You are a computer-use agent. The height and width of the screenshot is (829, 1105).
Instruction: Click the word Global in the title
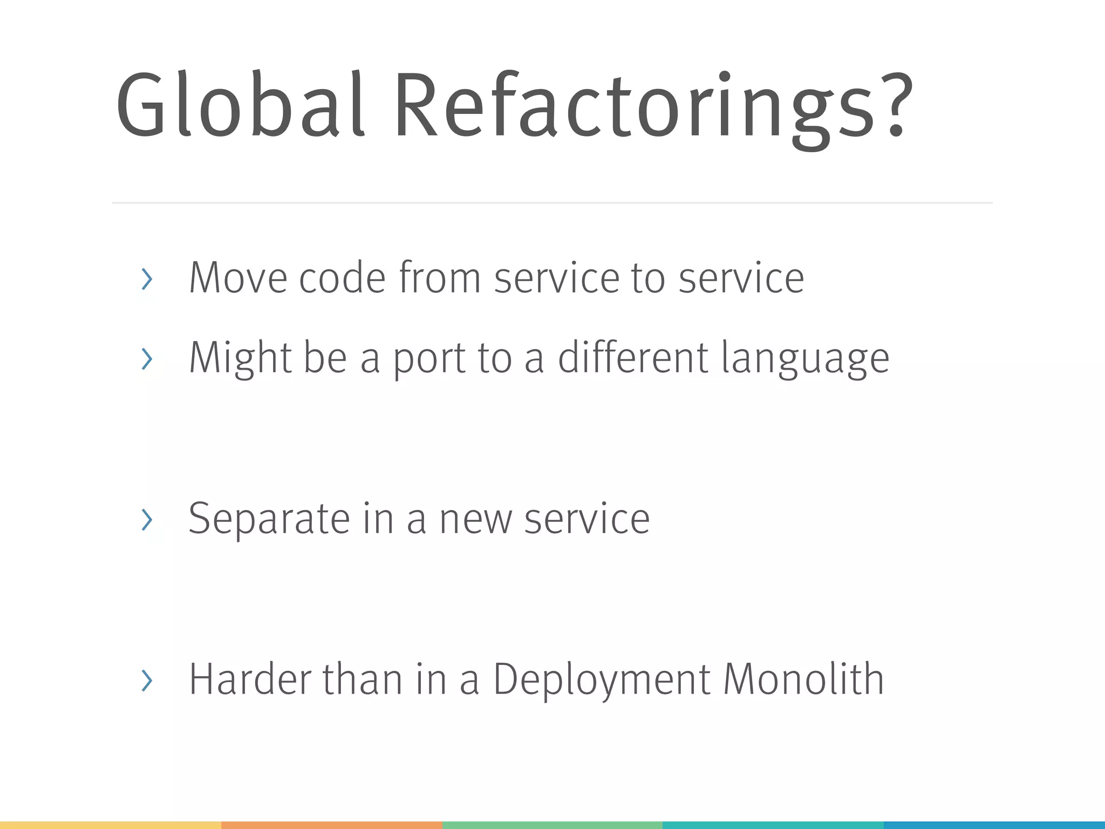click(x=241, y=106)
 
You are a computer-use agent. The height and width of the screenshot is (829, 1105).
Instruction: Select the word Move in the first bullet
click(x=238, y=278)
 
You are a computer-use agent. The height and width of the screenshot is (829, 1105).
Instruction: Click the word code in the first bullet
click(x=342, y=278)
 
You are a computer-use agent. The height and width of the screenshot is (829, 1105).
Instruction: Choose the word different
click(x=633, y=357)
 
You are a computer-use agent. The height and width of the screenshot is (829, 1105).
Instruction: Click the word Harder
click(x=250, y=679)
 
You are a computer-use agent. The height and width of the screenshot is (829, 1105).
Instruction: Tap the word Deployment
click(x=602, y=680)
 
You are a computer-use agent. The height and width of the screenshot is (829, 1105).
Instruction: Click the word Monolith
click(x=803, y=679)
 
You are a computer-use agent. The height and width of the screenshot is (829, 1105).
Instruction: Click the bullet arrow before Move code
click(x=147, y=279)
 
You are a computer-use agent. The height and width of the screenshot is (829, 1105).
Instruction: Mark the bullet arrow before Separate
click(x=147, y=520)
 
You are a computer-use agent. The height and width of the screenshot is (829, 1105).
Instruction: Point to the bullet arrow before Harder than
click(x=147, y=680)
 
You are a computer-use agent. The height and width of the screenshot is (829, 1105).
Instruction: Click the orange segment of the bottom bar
click(x=331, y=825)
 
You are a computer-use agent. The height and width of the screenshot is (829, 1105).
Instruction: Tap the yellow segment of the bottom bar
click(x=110, y=825)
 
